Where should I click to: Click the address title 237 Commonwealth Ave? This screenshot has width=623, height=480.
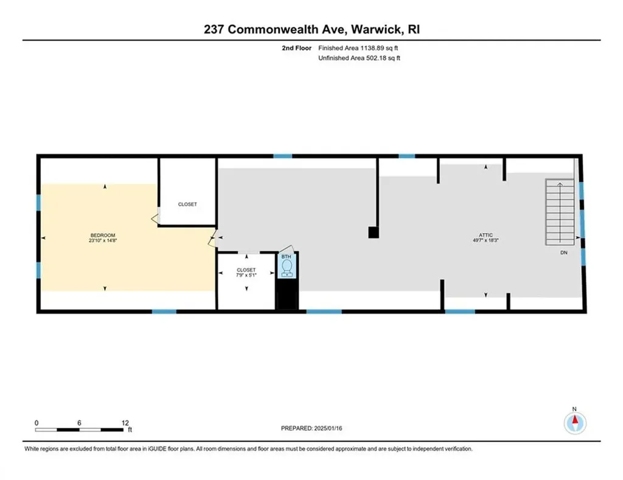(311, 29)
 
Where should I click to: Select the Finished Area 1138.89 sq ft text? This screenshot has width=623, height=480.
(358, 47)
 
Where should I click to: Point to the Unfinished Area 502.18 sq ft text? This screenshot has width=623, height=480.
(359, 58)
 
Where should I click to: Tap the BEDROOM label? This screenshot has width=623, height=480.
(103, 235)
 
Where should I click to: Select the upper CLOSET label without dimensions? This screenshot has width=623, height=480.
(187, 204)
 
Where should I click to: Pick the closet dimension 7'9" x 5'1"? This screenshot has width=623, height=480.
(246, 276)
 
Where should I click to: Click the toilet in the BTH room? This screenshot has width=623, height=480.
(287, 267)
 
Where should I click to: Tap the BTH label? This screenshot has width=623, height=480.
(287, 257)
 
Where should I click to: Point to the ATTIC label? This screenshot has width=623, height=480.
(485, 234)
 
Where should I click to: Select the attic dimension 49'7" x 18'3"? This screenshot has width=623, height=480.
(485, 240)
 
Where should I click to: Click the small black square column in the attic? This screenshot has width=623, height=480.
(373, 232)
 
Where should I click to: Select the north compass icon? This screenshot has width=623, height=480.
(574, 421)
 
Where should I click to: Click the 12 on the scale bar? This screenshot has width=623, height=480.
(125, 423)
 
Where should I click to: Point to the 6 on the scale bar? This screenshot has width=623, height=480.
(80, 423)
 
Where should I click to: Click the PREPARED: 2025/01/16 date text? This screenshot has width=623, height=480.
(311, 428)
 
